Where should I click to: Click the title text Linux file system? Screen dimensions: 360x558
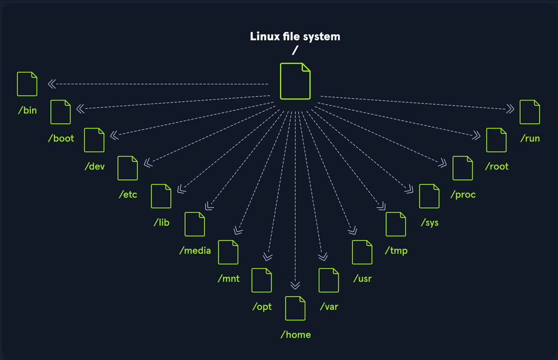tap(295, 37)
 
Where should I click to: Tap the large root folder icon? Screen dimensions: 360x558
tap(295, 81)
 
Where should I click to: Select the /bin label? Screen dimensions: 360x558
tap(28, 110)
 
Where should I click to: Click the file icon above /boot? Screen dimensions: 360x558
tap(61, 112)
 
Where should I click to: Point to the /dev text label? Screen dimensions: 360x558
tap(94, 166)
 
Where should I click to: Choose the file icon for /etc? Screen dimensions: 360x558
tap(128, 168)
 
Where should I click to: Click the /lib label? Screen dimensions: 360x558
tap(162, 223)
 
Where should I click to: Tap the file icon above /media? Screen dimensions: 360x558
tap(195, 224)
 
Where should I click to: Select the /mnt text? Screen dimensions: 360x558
tap(228, 278)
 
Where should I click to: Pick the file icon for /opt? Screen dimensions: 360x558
tap(261, 280)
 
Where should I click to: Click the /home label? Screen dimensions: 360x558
tap(296, 335)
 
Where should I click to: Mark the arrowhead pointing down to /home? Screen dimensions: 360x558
tap(295, 285)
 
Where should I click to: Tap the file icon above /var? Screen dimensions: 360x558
tap(329, 280)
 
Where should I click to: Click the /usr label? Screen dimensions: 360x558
tap(362, 278)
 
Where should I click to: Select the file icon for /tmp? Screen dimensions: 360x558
tap(396, 224)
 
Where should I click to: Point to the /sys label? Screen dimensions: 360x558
tap(429, 223)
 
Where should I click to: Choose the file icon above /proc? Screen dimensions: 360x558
tap(463, 168)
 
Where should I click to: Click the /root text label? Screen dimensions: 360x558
tap(496, 166)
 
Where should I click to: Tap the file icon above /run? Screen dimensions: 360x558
tap(530, 112)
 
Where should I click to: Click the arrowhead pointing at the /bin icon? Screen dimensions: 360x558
tap(52, 84)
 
